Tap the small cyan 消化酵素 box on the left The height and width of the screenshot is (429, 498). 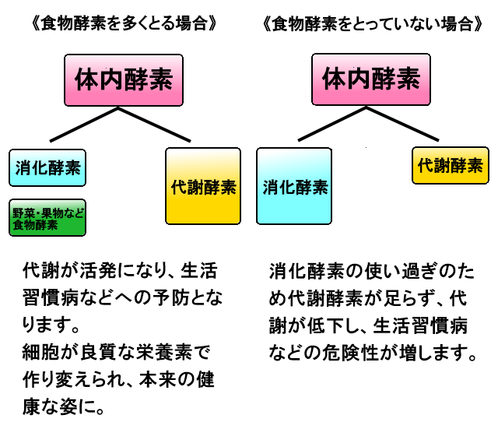pos(47,166)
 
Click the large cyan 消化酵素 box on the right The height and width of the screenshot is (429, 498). pos(294,187)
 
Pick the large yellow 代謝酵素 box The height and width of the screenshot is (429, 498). pos(202,187)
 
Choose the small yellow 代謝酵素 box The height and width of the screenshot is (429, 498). pos(450,165)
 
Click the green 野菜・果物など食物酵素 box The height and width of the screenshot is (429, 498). pos(47,219)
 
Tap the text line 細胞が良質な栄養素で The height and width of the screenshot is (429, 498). pos(116,351)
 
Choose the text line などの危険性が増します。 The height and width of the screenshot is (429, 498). pos(372,351)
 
